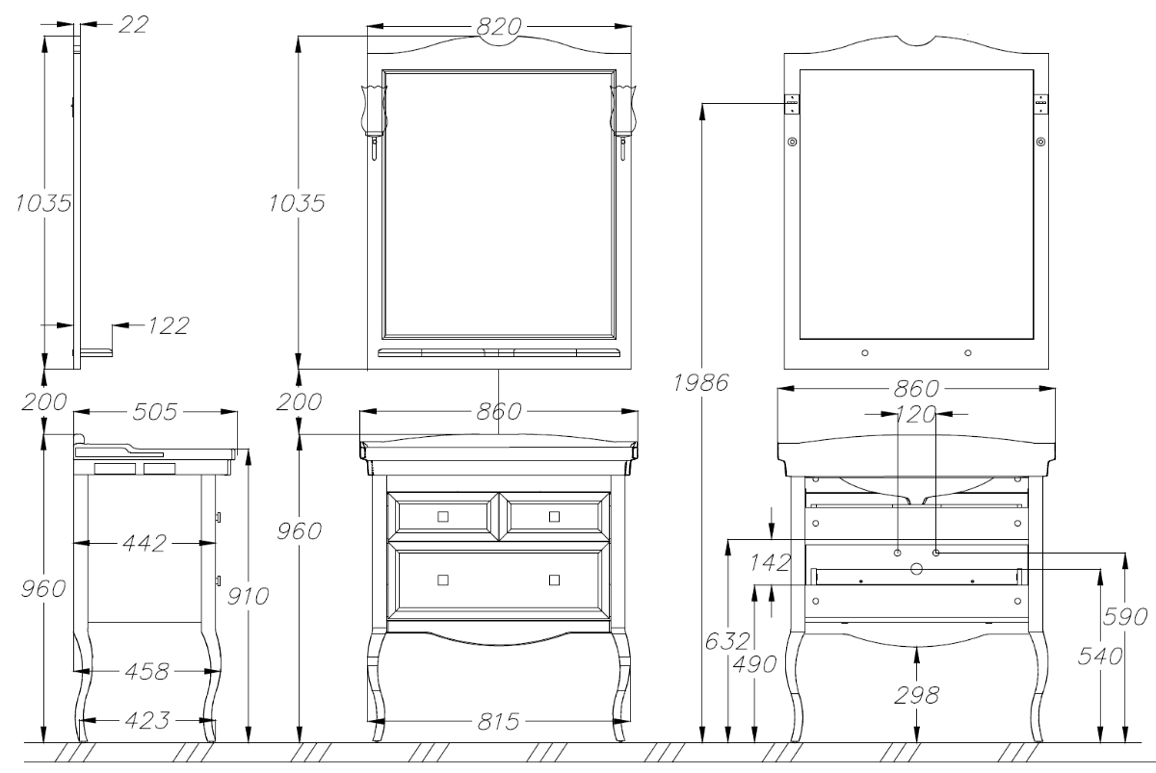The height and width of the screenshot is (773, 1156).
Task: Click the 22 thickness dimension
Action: pyautogui.click(x=133, y=24)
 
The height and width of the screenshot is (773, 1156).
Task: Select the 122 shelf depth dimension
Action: pyautogui.click(x=169, y=325)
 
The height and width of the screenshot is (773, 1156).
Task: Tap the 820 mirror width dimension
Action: pyautogui.click(x=499, y=26)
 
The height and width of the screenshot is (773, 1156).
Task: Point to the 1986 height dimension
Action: pyautogui.click(x=701, y=382)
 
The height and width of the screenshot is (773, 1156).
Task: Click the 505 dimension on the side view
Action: pyautogui.click(x=155, y=411)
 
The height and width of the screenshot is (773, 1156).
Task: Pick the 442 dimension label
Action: pyautogui.click(x=144, y=543)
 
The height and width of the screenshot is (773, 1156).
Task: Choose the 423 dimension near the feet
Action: pyautogui.click(x=147, y=720)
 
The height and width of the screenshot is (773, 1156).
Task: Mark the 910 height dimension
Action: pyautogui.click(x=249, y=596)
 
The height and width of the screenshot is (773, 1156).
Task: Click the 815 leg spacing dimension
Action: pyautogui.click(x=498, y=722)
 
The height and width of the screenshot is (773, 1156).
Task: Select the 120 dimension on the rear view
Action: pyautogui.click(x=916, y=414)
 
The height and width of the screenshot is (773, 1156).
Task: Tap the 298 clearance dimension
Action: pyautogui.click(x=916, y=695)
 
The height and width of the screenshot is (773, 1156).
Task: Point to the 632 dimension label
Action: pyautogui.click(x=727, y=641)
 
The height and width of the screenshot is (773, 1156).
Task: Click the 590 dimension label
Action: pyautogui.click(x=1125, y=616)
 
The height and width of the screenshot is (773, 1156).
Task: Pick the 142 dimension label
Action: pyautogui.click(x=770, y=562)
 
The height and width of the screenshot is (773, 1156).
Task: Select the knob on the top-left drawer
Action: pyautogui.click(x=443, y=516)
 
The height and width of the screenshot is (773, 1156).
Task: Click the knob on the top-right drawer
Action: pyautogui.click(x=554, y=516)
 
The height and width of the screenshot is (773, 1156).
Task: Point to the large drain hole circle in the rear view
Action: pyautogui.click(x=916, y=569)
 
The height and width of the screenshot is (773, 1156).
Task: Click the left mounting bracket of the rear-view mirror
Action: pyautogui.click(x=792, y=104)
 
